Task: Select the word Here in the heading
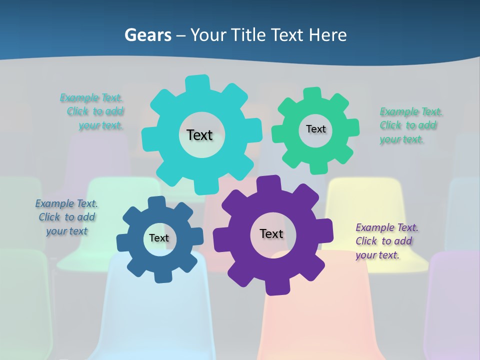pos(327,35)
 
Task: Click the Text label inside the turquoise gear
pos(199,135)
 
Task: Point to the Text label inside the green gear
pos(315,129)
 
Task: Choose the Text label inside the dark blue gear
pos(158,238)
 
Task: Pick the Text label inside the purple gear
pos(271,233)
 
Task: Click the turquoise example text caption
pos(93,111)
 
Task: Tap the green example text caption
pos(410,125)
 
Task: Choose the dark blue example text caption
pos(66,217)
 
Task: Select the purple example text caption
pos(386,241)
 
